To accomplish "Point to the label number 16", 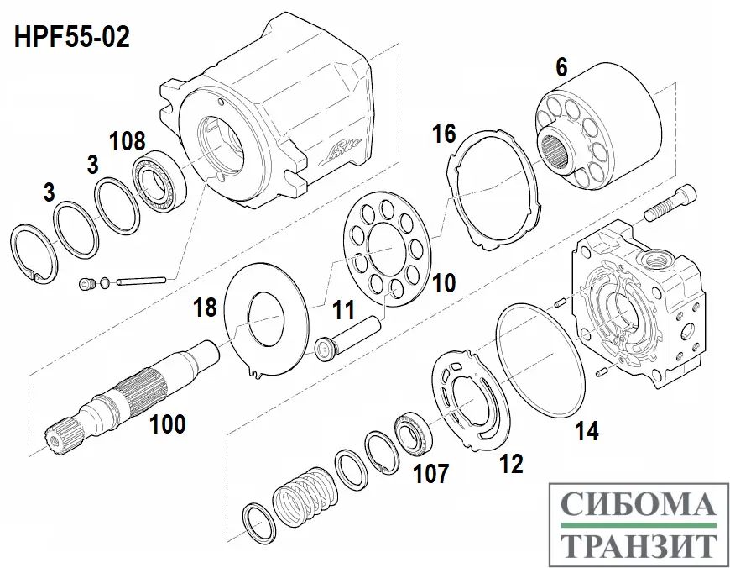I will [x=444, y=132].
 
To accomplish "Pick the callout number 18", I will [x=206, y=307].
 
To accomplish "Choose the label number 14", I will [x=587, y=433].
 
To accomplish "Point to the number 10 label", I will [x=444, y=282].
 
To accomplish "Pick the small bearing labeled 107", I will [x=413, y=428].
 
